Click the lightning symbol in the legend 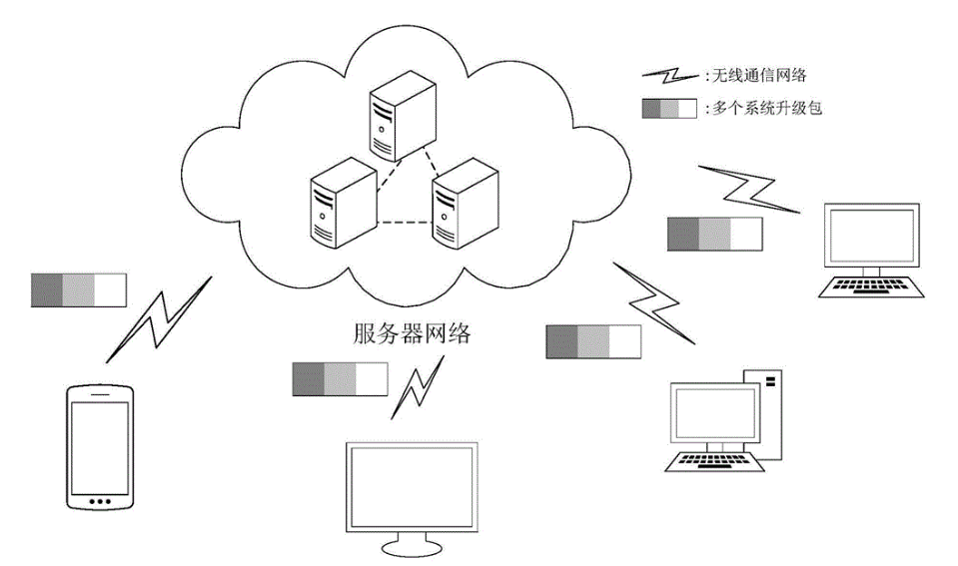click(668, 76)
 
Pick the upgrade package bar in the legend click(668, 109)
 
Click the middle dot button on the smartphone click(98, 500)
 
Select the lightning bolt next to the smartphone click(160, 318)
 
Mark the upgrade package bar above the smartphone click(79, 289)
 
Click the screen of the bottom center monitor click(411, 488)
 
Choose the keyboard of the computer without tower click(868, 286)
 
